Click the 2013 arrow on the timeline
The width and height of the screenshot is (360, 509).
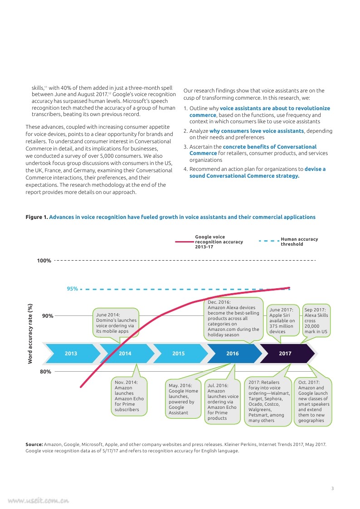71,354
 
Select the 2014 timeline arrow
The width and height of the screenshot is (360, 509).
125,354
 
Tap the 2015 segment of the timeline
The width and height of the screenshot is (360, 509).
179,354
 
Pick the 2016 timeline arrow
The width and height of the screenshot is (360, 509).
232,354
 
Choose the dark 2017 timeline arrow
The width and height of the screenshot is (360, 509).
285,354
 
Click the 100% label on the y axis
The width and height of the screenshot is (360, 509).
44,261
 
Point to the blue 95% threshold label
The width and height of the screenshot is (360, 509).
73,289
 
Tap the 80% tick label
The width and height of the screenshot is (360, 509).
45,372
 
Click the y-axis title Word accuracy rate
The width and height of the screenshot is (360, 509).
30,333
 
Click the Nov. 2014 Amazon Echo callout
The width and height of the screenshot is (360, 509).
129,396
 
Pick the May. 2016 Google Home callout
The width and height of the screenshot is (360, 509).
183,399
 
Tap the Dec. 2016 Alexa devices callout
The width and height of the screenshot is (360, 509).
234,318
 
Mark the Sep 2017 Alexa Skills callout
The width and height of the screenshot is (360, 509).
316,320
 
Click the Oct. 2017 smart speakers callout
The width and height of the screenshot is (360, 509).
313,401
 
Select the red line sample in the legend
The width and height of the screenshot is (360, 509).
184,242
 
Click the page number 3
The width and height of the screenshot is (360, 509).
332,489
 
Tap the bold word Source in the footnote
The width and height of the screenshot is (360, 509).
34,445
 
